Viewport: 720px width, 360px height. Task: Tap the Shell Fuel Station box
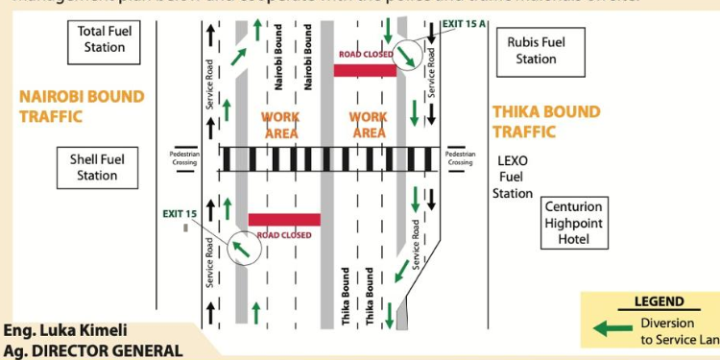97,167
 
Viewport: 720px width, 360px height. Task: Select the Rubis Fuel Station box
536,51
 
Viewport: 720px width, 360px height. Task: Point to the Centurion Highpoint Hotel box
574,222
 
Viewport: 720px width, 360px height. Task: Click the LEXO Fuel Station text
513,177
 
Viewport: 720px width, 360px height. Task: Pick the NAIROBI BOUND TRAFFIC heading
82,107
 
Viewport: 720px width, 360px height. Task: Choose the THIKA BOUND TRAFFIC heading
546,121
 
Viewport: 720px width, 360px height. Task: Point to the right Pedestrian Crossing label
460,157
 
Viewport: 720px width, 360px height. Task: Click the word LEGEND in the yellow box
659,301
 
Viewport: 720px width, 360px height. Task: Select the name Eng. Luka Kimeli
64,330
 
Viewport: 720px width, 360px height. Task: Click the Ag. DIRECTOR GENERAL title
91,349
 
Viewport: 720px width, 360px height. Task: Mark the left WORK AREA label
280,125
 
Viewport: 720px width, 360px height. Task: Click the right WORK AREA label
369,125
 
